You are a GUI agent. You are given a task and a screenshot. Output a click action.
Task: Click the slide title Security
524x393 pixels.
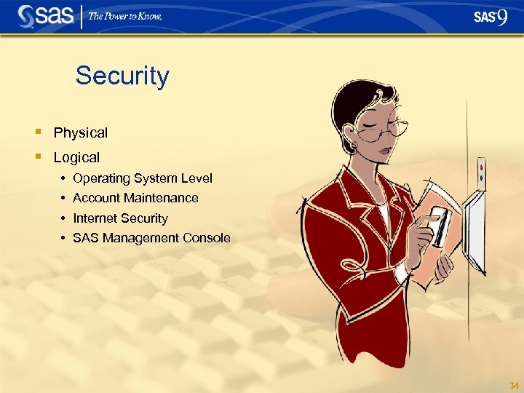point(122,76)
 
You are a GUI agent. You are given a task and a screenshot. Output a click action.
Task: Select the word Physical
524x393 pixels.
point(80,132)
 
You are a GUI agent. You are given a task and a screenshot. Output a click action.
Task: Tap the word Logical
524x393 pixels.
point(76,156)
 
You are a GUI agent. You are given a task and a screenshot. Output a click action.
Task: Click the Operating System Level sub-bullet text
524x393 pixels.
point(143,178)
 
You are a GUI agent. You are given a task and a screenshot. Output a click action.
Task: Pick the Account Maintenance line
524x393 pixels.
point(135,198)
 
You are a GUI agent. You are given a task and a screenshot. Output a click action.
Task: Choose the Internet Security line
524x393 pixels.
point(120,218)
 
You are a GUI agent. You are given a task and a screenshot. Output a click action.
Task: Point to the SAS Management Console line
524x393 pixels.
point(151,238)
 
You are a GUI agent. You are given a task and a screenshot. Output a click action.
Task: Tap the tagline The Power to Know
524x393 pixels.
point(125,16)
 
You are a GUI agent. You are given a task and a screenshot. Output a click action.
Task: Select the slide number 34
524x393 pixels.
point(514,384)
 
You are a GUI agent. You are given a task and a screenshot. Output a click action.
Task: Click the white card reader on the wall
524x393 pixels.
point(475,229)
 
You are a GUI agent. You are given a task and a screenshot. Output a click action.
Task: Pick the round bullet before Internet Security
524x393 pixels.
point(64,218)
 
